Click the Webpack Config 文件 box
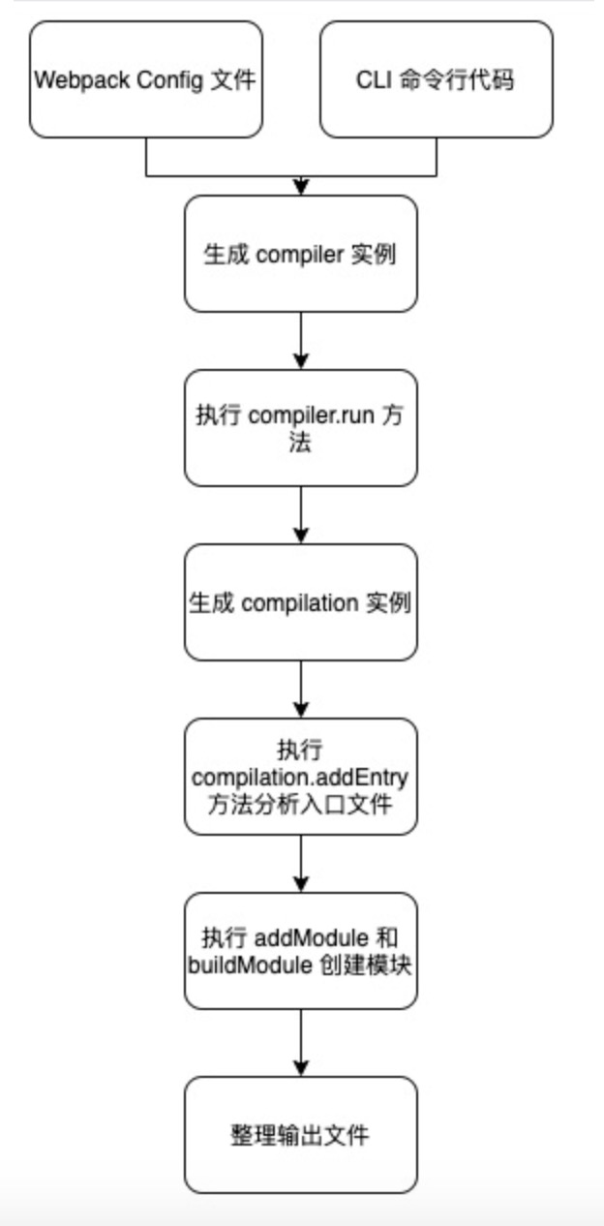pos(146,79)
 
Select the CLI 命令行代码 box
pos(436,79)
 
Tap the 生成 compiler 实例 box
pos(301,254)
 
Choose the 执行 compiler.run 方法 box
pos(301,428)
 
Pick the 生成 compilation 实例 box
pos(301,602)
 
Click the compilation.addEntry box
pos(301,777)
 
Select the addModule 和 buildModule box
pos(301,951)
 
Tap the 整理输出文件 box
pos(301,1135)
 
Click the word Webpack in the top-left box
pos(82,80)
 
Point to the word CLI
pos(374,80)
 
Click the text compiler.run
pos(312,416)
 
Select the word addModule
pos(312,938)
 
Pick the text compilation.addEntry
pos(300,778)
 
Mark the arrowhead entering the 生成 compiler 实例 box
pos(301,188)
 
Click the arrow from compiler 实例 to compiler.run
pos(301,341)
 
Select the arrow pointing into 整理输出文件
pos(301,1043)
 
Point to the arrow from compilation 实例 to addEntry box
pos(301,690)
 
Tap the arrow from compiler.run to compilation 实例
pos(301,515)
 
